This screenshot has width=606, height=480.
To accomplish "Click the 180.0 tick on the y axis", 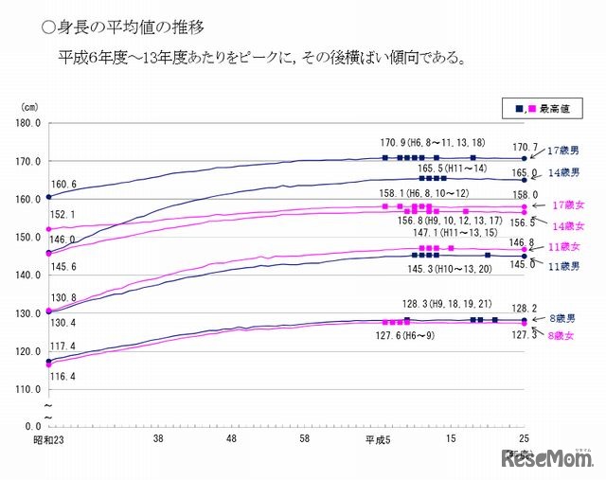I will point(27,123).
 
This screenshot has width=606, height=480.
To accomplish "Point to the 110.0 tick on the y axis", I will point(27,389).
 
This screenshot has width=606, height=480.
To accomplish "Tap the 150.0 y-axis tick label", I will point(27,238).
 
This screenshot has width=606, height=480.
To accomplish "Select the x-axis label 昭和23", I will point(47,440).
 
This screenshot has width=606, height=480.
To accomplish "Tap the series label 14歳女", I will point(567,226).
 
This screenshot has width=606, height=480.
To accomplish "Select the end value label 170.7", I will point(525,148).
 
